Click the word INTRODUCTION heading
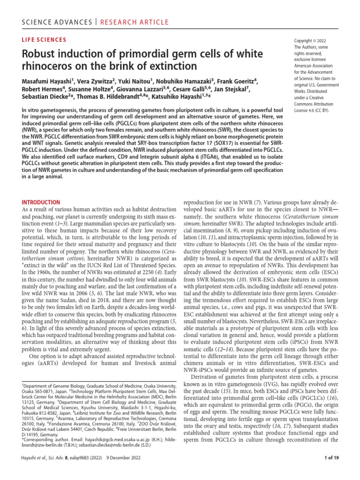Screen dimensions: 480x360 point(41,202)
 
